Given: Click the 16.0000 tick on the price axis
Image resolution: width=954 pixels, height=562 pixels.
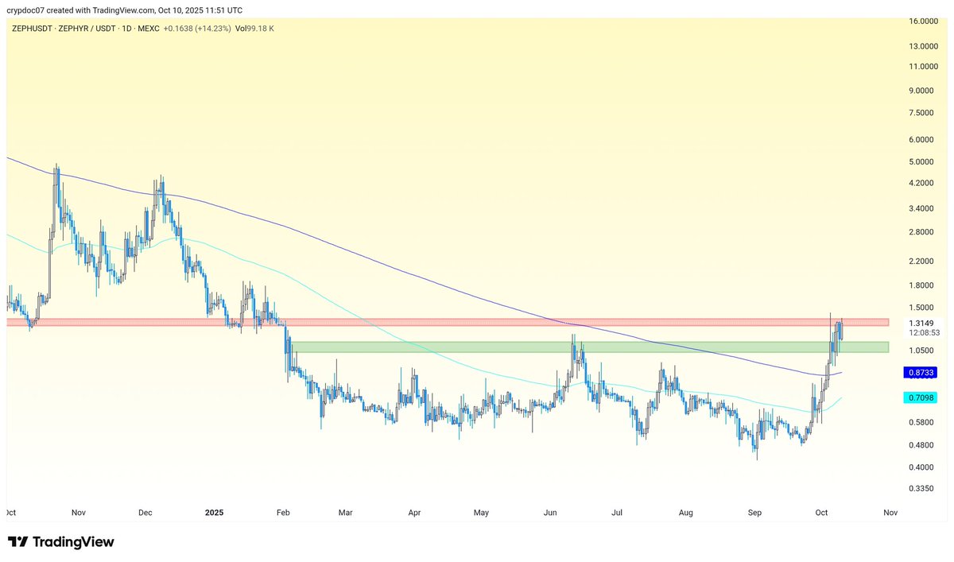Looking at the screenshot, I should [922, 21].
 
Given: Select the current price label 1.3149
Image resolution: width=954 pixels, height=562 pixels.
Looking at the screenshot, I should [921, 323].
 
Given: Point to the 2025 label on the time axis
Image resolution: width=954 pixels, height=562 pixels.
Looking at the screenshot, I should [215, 513].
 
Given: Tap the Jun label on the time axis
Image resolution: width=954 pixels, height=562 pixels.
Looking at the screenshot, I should [549, 513].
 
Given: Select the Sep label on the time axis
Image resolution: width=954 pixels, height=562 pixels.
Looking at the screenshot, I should [755, 513].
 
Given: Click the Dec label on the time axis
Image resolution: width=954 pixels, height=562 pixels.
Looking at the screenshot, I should [145, 513].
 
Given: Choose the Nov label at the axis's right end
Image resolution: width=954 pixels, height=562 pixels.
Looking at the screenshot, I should [891, 513].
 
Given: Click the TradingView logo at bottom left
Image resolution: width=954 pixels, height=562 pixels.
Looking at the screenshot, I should [62, 542].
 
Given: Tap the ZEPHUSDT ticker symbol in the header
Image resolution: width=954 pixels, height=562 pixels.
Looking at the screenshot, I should [33, 28].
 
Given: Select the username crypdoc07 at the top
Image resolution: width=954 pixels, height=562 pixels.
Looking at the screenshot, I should [29, 10].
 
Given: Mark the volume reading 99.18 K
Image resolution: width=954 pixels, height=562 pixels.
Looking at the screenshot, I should [262, 28].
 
